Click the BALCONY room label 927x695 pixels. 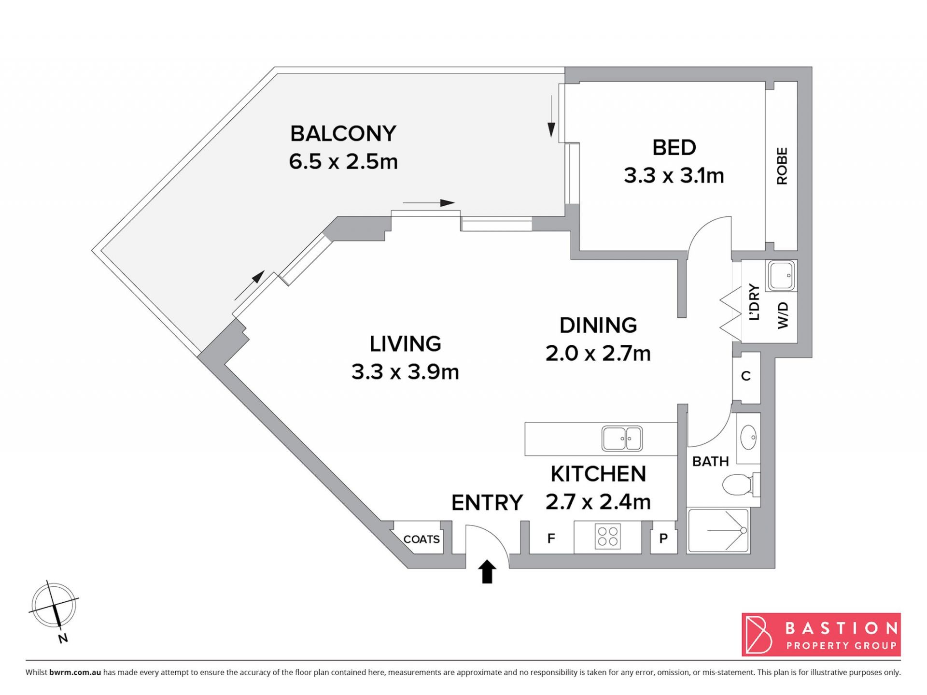343,134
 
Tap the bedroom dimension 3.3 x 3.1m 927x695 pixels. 674,175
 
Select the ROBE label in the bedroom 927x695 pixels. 782,166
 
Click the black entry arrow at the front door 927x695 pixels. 487,571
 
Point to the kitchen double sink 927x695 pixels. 622,439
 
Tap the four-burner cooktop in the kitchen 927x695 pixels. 608,537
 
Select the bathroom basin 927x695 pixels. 748,438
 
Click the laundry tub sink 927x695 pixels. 781,276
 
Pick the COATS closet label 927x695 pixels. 421,539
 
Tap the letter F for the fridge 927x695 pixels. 551,538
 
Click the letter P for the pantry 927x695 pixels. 664,538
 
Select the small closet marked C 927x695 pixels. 746,376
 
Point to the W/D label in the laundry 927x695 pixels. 783,315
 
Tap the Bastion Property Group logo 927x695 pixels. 821,635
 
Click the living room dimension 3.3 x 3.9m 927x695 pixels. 405,372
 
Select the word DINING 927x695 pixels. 598,326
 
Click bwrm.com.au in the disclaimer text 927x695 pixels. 75,672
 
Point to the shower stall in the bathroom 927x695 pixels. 718,530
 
